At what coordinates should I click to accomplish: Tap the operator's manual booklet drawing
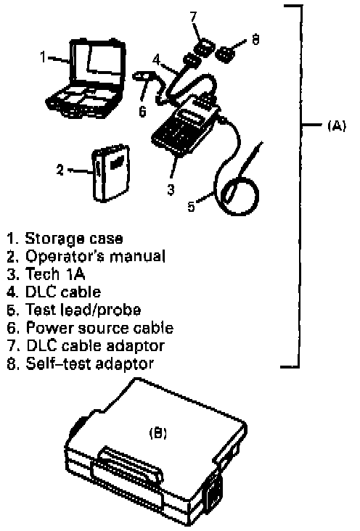tap(110, 173)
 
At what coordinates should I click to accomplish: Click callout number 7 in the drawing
tap(194, 17)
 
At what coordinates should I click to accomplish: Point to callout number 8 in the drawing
tap(255, 40)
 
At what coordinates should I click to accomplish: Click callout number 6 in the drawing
tap(143, 110)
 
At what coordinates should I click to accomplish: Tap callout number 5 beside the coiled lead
tap(192, 205)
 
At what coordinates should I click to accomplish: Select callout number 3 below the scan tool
tap(171, 189)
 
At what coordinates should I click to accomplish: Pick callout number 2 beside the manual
tap(60, 169)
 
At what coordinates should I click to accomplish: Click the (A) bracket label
tap(337, 126)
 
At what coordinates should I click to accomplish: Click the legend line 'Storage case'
tap(65, 239)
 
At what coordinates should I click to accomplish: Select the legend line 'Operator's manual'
tap(86, 256)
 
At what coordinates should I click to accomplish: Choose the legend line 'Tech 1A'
tap(46, 274)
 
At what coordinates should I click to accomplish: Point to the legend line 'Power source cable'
tap(90, 328)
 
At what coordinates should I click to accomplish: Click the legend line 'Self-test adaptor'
tap(81, 363)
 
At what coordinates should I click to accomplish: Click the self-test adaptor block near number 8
tap(226, 53)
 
